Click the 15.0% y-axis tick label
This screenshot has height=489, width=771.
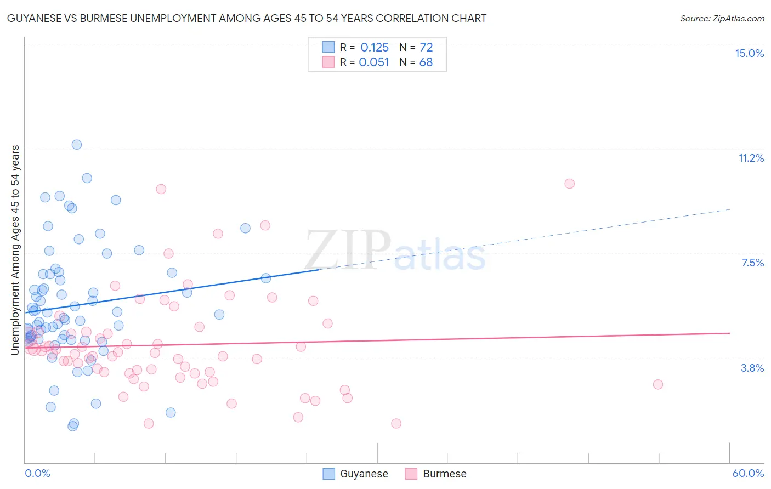[749, 53]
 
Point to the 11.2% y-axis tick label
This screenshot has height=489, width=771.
[751, 158]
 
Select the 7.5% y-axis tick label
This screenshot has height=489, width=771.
[752, 263]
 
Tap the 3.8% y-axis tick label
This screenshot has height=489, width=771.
[752, 368]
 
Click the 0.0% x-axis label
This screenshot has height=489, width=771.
[37, 473]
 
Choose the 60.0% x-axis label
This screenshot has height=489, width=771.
[748, 473]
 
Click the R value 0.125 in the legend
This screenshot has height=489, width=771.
[375, 48]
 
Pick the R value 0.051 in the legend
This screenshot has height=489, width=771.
[374, 62]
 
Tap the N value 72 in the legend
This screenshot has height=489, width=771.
[426, 48]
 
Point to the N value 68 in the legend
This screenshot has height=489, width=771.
[426, 62]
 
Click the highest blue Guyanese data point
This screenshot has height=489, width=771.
[77, 145]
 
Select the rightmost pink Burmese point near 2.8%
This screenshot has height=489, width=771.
[658, 384]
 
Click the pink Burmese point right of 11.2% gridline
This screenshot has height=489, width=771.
[569, 184]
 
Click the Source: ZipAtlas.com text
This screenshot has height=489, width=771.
[722, 18]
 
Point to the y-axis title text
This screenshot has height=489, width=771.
[15, 249]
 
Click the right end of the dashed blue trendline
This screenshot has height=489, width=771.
[729, 209]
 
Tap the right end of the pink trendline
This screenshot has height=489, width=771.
[729, 333]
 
